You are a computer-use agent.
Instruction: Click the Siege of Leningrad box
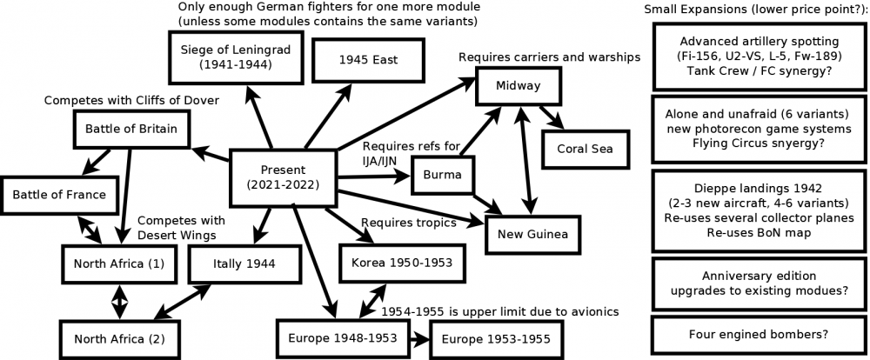click(231, 57)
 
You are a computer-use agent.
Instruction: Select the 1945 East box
click(358, 60)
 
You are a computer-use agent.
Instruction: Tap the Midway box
click(519, 85)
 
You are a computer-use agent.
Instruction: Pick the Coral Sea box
click(579, 148)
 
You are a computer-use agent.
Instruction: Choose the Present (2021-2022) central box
click(282, 177)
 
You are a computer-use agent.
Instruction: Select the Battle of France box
click(59, 194)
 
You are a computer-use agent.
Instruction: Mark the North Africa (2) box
click(113, 338)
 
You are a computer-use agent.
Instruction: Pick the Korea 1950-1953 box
click(397, 262)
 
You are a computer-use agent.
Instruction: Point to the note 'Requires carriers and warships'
click(550, 57)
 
